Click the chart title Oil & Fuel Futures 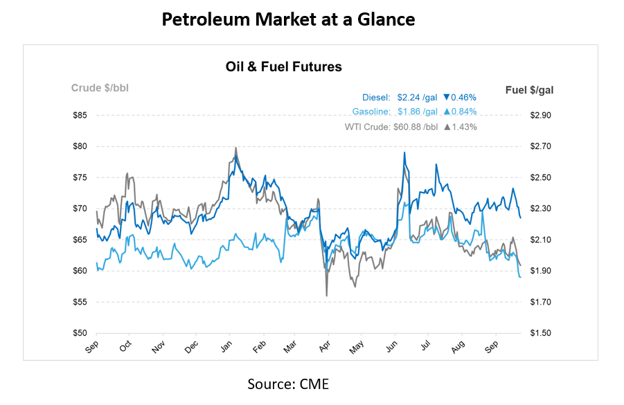tap(283, 67)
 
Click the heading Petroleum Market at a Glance tap(288, 20)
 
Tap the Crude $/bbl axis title tap(100, 88)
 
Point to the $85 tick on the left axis tap(80, 115)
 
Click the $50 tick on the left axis tap(80, 333)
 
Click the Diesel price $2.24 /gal tap(413, 98)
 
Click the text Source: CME tap(288, 384)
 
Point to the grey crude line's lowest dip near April tap(326, 296)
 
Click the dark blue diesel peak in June tap(404, 152)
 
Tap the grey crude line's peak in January tap(236, 147)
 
